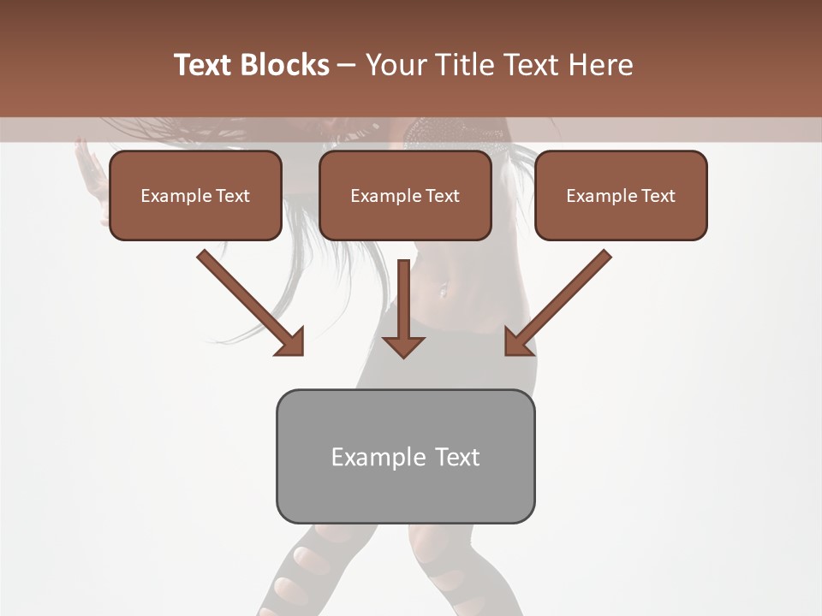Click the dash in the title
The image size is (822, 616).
(x=347, y=65)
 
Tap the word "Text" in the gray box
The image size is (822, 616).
(x=457, y=457)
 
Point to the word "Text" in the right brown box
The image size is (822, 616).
(x=658, y=196)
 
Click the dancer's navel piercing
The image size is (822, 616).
(x=443, y=292)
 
